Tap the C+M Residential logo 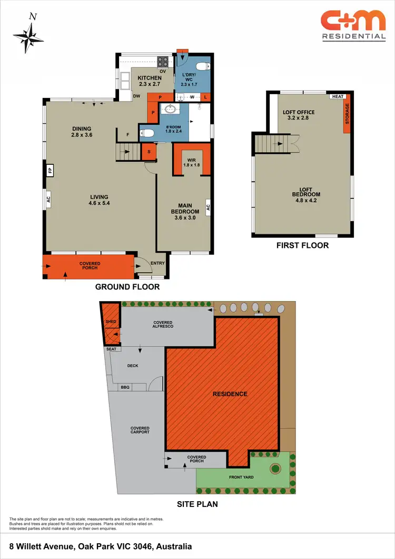pyautogui.click(x=353, y=26)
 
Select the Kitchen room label pyautogui.click(x=150, y=81)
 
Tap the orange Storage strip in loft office pyautogui.click(x=347, y=114)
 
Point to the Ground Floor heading pyautogui.click(x=127, y=287)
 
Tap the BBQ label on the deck pyautogui.click(x=125, y=387)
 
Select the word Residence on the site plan pyautogui.click(x=230, y=394)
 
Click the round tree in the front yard pyautogui.click(x=274, y=467)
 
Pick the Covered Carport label pyautogui.click(x=140, y=431)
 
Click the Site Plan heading pyautogui.click(x=197, y=504)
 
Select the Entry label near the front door pyautogui.click(x=157, y=263)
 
